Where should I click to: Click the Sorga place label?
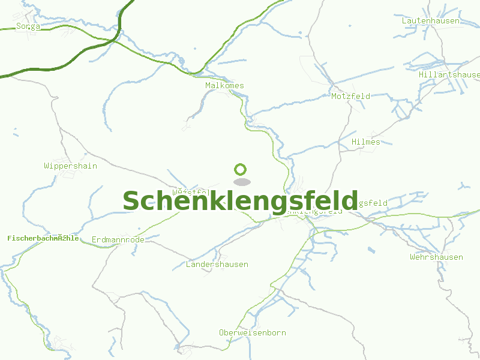[28, 26]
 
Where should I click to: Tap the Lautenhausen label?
[431, 20]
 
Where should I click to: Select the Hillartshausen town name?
[450, 74]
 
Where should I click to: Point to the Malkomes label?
[224, 85]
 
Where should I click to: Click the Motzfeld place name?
[350, 95]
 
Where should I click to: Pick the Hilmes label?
[366, 142]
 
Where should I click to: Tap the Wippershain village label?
[70, 166]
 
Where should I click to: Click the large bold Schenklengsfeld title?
[240, 201]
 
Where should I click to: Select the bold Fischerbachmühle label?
[43, 238]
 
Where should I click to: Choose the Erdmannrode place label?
[118, 239]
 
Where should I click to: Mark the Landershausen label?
[217, 264]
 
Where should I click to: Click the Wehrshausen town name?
[436, 257]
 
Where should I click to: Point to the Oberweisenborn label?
[252, 332]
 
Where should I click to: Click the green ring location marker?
[241, 170]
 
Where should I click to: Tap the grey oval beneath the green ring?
[241, 182]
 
